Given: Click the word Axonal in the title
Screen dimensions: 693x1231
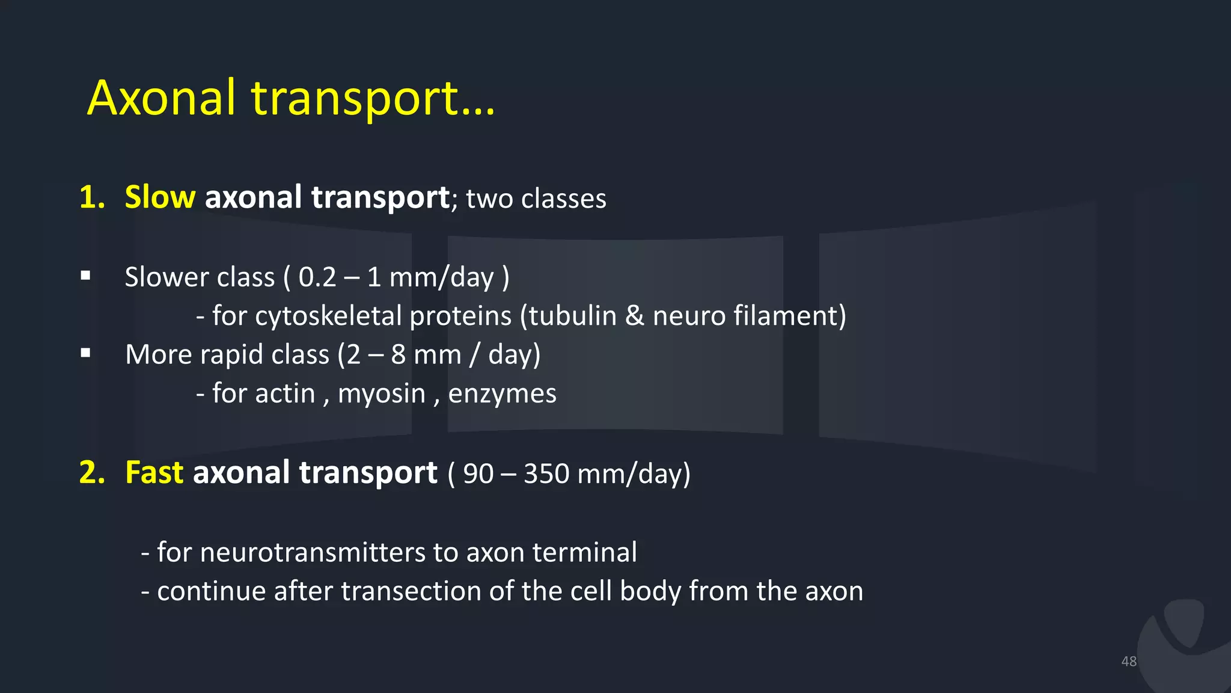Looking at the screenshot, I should pyautogui.click(x=161, y=97).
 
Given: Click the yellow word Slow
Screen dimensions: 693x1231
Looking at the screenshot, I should pyautogui.click(x=159, y=197).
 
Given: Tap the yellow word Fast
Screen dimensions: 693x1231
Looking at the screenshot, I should pyautogui.click(x=154, y=472).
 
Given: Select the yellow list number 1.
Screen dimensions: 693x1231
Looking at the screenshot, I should pyautogui.click(x=91, y=197).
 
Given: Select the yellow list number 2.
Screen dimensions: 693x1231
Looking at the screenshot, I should pyautogui.click(x=91, y=472).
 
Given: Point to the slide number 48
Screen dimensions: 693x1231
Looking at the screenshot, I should pyautogui.click(x=1129, y=661).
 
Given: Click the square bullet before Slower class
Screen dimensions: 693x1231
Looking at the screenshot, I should pyautogui.click(x=85, y=276).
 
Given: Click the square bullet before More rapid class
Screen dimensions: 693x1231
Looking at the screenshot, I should pyautogui.click(x=85, y=353).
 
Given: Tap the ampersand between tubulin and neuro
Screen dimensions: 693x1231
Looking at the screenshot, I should pyautogui.click(x=635, y=316).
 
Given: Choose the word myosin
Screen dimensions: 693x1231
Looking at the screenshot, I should pyautogui.click(x=382, y=393).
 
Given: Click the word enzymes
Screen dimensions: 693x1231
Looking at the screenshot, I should pyautogui.click(x=502, y=393).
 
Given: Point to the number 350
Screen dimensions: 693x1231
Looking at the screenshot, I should pyautogui.click(x=546, y=473).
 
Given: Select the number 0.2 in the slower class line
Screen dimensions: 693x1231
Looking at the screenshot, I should pyautogui.click(x=317, y=277).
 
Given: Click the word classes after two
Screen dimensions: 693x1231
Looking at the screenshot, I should pyautogui.click(x=563, y=199).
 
